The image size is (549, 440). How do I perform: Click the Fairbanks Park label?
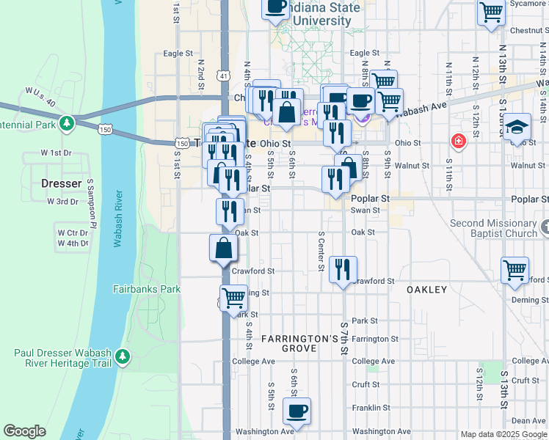pos(147,289)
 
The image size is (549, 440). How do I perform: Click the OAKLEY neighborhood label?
pos(426,290)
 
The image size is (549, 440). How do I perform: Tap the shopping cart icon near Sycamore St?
pos(491,12)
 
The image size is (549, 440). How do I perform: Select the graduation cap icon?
pos(517,126)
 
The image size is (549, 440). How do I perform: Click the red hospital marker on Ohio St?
pos(459,140)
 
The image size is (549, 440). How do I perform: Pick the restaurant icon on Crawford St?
pos(343,269)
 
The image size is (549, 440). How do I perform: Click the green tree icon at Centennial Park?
pos(68,122)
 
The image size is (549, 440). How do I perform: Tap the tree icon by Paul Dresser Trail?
pos(123,357)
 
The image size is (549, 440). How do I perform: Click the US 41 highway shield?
pos(223,76)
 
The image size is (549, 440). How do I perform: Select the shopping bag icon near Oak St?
pos(223,249)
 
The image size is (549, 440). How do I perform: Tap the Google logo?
pos(24,431)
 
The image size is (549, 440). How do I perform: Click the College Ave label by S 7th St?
pos(373,361)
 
